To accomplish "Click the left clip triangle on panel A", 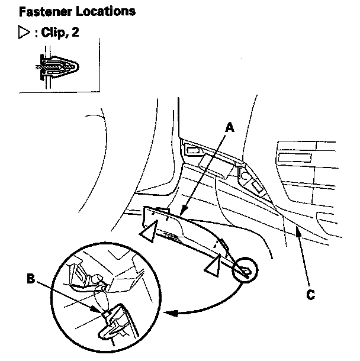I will click(x=149, y=229).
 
